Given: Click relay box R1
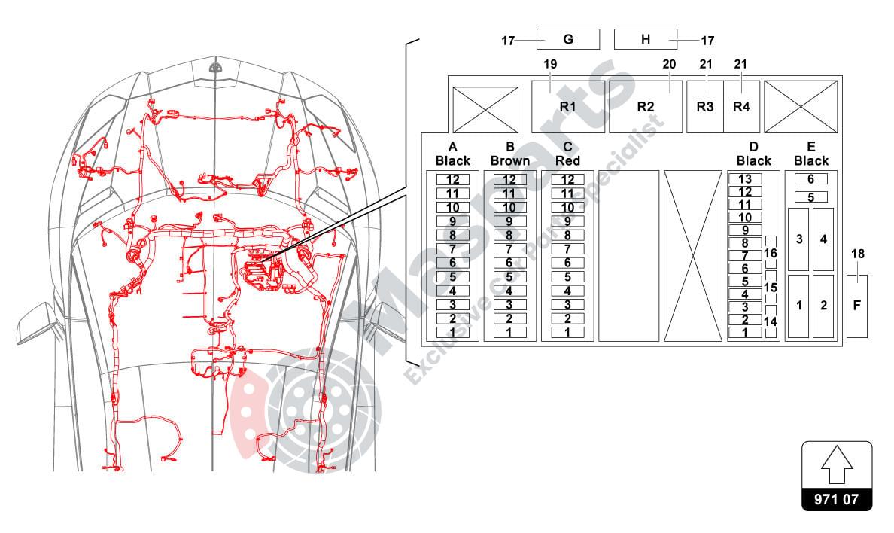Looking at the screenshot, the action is click(568, 107).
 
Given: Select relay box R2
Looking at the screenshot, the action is click(646, 107).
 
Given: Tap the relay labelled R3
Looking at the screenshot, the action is click(705, 107).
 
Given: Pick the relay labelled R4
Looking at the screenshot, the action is click(742, 107).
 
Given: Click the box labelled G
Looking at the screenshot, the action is click(568, 39).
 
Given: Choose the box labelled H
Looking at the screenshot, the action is click(646, 39).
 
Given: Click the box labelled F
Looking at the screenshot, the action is click(857, 306).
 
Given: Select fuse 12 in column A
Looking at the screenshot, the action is click(453, 180).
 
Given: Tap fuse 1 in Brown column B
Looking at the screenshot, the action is click(509, 332).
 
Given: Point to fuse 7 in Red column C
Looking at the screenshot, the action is click(567, 249).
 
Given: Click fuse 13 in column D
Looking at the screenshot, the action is click(745, 179).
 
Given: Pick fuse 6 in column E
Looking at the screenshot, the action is click(810, 179).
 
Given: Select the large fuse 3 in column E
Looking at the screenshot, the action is click(798, 239).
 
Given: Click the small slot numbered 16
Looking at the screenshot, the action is click(771, 253).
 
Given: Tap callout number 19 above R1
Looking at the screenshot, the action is click(550, 64).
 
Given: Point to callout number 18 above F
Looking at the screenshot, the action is click(858, 254).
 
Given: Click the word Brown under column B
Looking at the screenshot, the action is click(509, 161).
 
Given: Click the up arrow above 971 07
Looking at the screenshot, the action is click(837, 465).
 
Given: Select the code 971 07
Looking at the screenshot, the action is click(836, 499).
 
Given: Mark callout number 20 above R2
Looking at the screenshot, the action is click(669, 64).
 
